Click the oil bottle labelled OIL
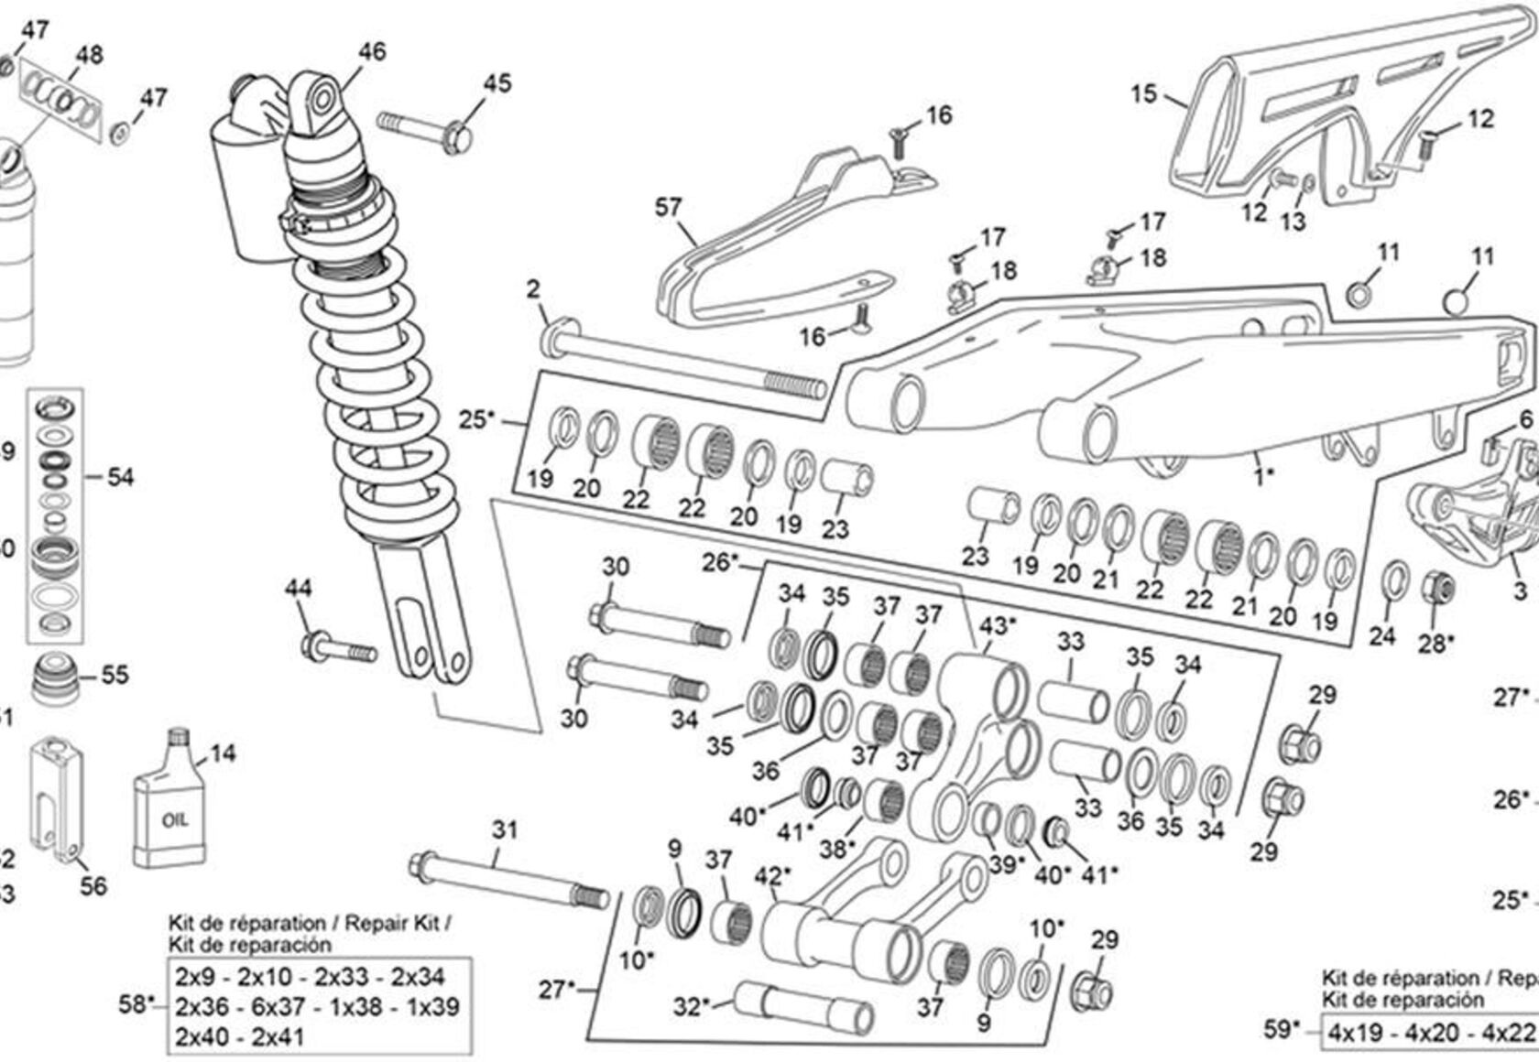tap(173, 810)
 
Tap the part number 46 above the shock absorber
tap(372, 51)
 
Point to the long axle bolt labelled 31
tap(508, 879)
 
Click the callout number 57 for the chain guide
tap(669, 209)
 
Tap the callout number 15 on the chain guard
tap(1144, 94)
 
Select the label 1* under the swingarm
tap(1263, 477)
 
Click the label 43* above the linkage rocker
tap(999, 627)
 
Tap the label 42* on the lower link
tap(771, 877)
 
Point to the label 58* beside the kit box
tap(137, 1004)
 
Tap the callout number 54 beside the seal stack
tap(120, 477)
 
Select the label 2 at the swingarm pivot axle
tap(533, 290)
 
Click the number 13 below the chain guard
tap(1293, 221)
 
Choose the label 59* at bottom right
tap(1282, 1030)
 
